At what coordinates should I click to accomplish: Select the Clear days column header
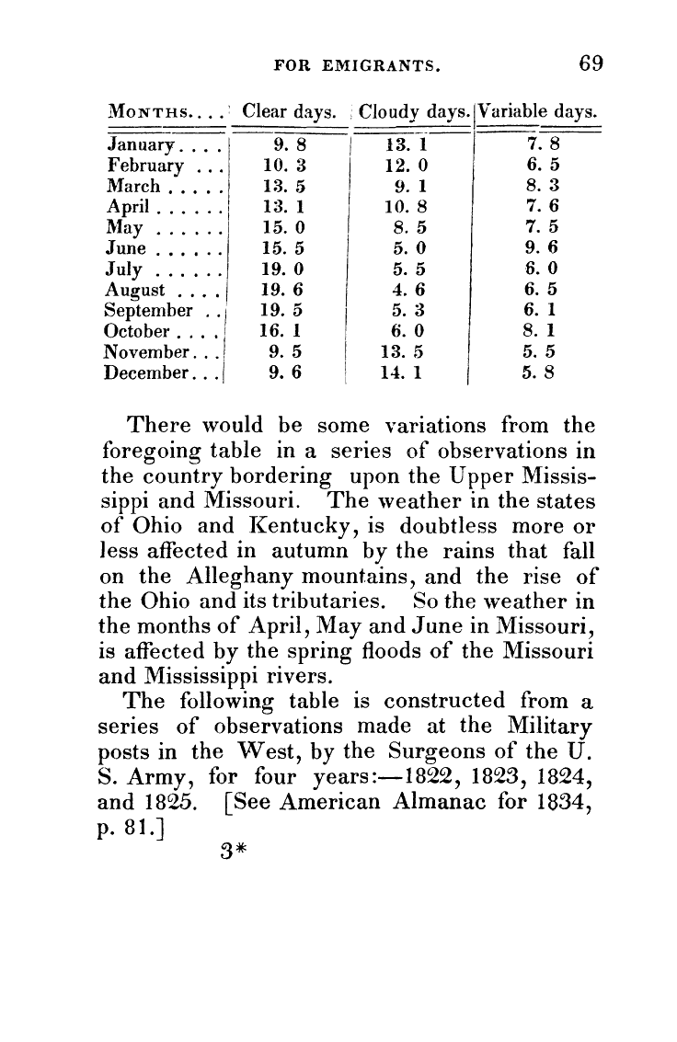point(287,113)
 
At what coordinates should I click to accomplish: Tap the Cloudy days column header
point(414,113)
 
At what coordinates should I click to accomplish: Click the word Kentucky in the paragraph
point(278,528)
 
